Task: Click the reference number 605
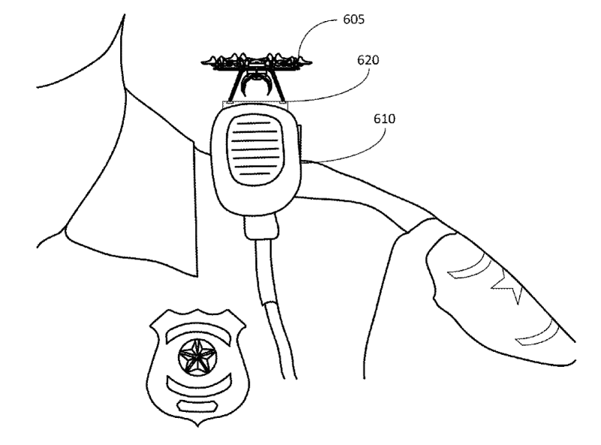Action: point(353,20)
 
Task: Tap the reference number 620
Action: point(368,60)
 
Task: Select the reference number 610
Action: point(384,119)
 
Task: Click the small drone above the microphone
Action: point(256,77)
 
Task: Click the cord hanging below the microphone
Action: point(275,310)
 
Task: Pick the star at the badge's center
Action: point(198,358)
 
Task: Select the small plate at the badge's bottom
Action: point(198,405)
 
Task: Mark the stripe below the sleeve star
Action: point(536,333)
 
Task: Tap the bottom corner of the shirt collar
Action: point(197,276)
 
